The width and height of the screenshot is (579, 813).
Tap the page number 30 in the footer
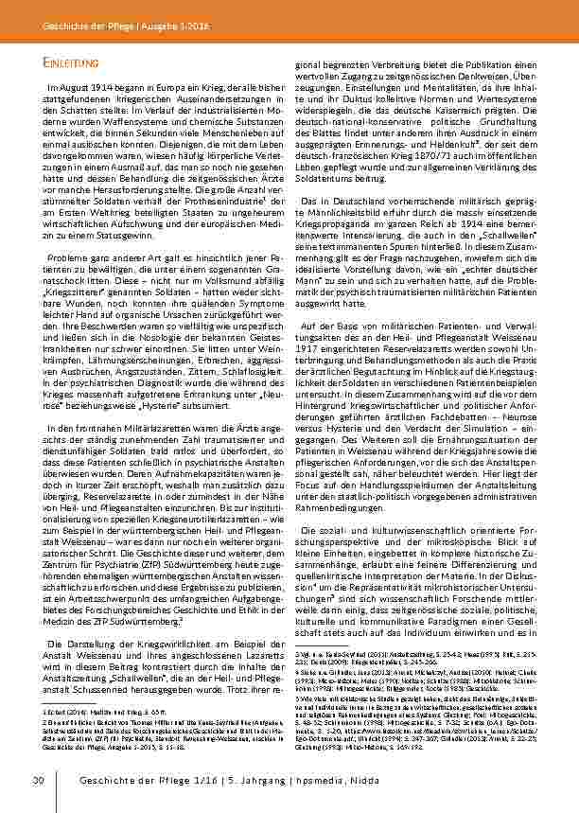tap(39, 781)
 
